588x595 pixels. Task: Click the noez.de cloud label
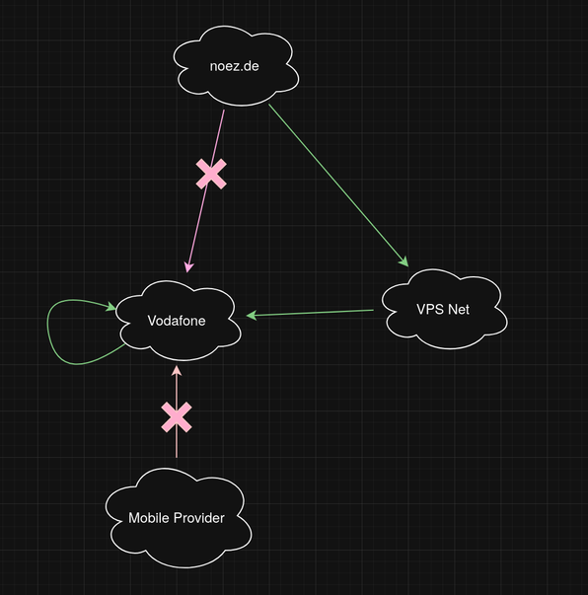(x=234, y=66)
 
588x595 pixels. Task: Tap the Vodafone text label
(x=177, y=321)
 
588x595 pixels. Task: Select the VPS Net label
(x=443, y=309)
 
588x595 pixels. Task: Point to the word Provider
(x=200, y=518)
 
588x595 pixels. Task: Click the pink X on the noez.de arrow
(x=211, y=175)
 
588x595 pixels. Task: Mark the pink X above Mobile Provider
(x=177, y=417)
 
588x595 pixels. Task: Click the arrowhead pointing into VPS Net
(x=404, y=261)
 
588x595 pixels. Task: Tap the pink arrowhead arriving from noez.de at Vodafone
(x=188, y=266)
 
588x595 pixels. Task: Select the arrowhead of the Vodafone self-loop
(x=111, y=306)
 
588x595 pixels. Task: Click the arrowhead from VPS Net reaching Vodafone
(x=252, y=315)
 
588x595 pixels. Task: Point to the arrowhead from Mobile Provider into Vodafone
(x=177, y=371)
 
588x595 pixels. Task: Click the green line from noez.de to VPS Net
(x=338, y=186)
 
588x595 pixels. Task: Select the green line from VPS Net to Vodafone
(x=310, y=313)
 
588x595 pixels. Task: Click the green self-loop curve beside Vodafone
(x=47, y=331)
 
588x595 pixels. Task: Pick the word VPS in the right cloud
(x=430, y=309)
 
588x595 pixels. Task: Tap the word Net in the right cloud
(x=459, y=309)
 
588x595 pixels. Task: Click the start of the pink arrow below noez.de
(x=224, y=111)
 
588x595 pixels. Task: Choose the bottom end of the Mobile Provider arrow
(x=177, y=458)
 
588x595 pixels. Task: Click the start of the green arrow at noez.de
(x=268, y=105)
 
